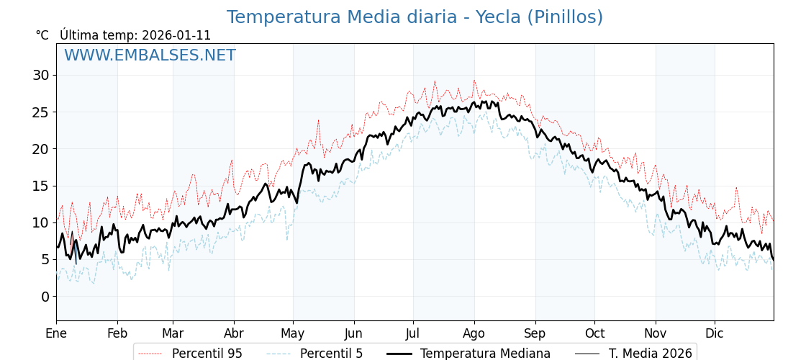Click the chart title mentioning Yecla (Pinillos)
tap(415, 17)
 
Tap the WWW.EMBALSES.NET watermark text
tap(150, 55)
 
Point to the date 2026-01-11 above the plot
tap(176, 35)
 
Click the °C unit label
tap(42, 35)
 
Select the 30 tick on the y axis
tap(41, 75)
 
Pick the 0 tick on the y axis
tap(45, 296)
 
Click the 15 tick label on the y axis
tap(41, 186)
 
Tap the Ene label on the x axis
tap(56, 333)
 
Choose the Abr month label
tap(234, 333)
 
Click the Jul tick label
tap(413, 333)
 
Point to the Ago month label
tap(474, 333)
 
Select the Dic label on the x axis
tap(715, 333)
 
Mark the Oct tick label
tap(594, 333)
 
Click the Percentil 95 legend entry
tap(207, 354)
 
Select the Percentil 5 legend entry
tap(331, 354)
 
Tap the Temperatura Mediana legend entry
tap(485, 354)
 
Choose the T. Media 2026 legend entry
tap(650, 354)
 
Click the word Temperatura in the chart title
tap(276, 17)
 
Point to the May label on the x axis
tap(293, 333)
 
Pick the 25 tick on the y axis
tap(41, 112)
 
